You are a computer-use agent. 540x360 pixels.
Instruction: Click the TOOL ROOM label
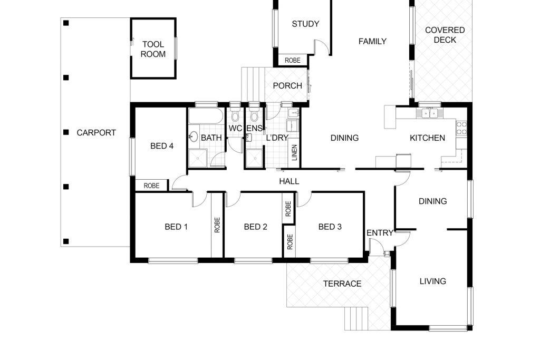(153, 49)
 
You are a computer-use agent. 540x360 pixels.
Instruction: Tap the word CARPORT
(96, 133)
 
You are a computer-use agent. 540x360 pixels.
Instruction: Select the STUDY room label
(305, 24)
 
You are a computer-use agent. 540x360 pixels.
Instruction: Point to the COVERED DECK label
(445, 35)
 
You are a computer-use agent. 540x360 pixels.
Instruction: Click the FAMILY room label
(372, 42)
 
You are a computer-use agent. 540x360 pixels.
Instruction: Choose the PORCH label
(287, 86)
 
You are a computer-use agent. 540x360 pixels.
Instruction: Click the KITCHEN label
(427, 138)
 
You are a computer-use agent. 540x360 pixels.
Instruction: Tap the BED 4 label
(162, 146)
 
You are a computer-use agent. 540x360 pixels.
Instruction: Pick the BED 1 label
(176, 227)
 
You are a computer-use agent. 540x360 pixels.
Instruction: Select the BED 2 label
(256, 227)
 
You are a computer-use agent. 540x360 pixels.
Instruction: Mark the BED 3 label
(330, 227)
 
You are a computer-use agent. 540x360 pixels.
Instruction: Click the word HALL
(289, 181)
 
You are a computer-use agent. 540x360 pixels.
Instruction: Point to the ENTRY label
(380, 233)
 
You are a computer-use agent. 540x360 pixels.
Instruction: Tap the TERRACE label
(342, 284)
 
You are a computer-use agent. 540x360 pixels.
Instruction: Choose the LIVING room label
(433, 281)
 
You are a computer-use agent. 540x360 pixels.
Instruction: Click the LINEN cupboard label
(294, 153)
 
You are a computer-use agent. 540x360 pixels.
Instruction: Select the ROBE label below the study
(293, 61)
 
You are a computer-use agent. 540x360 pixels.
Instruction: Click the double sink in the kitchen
(430, 112)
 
